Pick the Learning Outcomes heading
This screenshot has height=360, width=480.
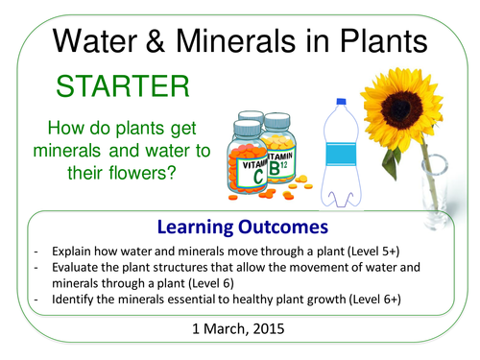point(240,228)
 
